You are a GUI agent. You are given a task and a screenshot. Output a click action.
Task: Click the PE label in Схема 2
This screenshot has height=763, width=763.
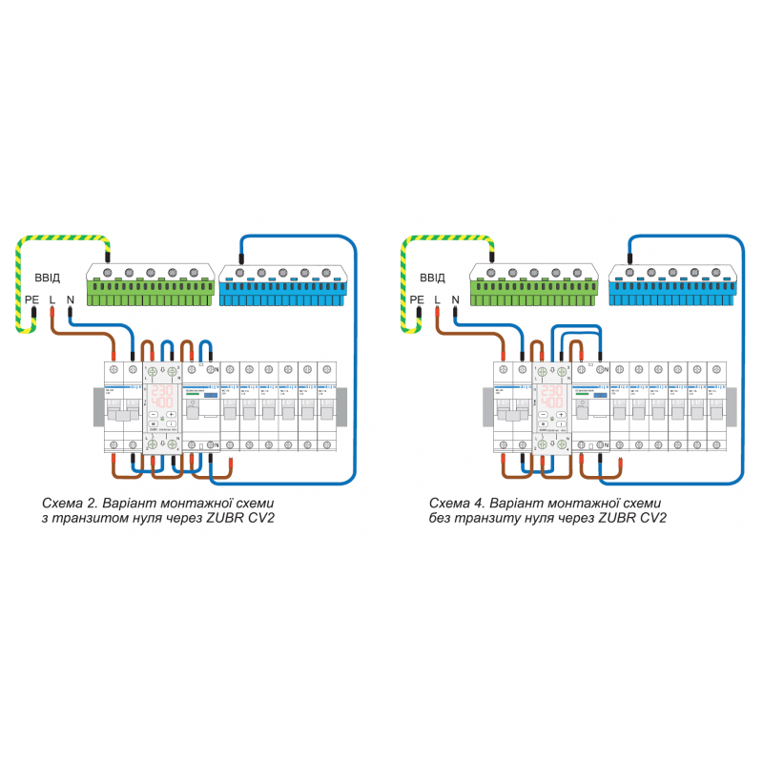tap(31, 299)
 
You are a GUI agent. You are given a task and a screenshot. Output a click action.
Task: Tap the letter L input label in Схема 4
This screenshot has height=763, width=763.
tap(437, 299)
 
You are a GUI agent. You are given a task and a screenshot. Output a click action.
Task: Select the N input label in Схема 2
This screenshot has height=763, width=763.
tap(70, 299)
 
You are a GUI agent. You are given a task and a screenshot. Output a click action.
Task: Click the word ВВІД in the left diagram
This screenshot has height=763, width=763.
tap(48, 278)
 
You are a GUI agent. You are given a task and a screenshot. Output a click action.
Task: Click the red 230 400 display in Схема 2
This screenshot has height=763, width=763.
tap(161, 398)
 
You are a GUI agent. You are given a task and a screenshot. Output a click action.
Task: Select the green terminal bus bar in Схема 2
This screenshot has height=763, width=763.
tap(150, 284)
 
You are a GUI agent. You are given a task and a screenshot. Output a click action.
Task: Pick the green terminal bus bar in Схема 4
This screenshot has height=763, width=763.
tap(533, 284)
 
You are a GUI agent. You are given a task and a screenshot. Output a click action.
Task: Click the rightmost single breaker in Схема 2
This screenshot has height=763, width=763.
tap(327, 405)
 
